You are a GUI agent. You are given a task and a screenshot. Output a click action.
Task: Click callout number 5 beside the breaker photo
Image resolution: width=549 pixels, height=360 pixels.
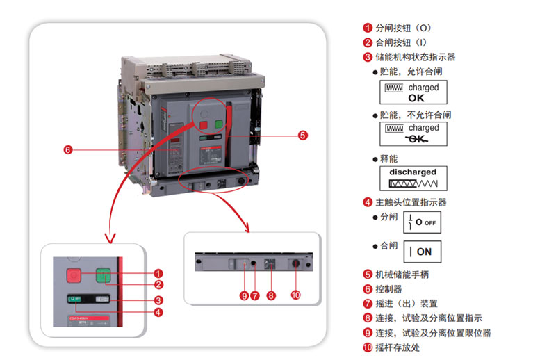[302, 136]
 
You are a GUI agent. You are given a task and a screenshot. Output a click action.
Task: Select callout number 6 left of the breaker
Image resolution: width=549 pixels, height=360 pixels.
[67, 149]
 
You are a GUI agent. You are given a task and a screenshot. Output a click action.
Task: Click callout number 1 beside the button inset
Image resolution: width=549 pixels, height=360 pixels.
[158, 273]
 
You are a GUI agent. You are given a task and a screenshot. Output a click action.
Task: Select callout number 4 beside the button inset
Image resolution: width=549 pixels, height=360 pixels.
[158, 312]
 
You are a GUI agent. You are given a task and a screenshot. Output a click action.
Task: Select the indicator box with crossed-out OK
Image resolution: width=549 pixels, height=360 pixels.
[413, 133]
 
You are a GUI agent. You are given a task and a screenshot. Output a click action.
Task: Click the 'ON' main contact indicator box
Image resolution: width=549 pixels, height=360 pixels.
[422, 252]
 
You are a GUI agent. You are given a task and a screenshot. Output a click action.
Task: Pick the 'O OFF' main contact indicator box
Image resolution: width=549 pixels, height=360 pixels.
[422, 222]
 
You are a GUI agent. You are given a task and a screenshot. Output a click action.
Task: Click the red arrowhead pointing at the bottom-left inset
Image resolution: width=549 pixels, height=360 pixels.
[109, 238]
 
